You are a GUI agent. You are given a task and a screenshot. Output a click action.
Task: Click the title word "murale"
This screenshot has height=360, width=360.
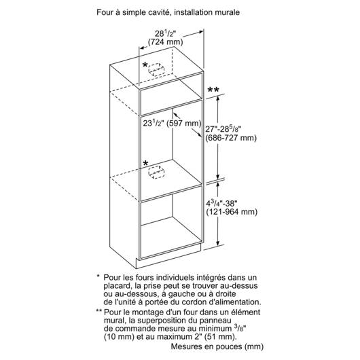click(227, 12)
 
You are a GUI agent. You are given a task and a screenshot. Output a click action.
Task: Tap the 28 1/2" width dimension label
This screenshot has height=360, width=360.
click(165, 34)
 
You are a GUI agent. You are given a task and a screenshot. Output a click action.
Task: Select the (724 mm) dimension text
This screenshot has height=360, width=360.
click(165, 42)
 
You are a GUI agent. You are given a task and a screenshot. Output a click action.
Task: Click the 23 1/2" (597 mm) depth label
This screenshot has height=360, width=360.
click(172, 124)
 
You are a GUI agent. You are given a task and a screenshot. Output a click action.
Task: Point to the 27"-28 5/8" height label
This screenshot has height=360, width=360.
click(223, 129)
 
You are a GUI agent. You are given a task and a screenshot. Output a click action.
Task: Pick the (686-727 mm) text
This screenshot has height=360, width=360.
click(231, 138)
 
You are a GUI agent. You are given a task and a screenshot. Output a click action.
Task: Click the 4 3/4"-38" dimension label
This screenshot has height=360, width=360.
click(221, 203)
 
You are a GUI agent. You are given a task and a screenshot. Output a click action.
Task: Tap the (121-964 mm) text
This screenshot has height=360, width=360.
click(232, 212)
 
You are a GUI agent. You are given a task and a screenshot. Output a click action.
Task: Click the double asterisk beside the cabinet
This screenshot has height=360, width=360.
click(213, 90)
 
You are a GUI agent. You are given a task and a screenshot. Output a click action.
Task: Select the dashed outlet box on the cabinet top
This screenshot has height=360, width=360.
click(156, 69)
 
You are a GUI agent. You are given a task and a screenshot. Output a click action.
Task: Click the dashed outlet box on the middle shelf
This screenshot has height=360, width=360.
click(156, 173)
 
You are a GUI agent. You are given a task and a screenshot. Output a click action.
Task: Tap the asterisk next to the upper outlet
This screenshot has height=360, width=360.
click(145, 65)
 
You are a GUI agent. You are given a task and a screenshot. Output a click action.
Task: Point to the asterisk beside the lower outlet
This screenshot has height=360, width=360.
click(145, 163)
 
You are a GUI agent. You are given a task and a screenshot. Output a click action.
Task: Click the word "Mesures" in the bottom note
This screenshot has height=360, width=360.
click(185, 346)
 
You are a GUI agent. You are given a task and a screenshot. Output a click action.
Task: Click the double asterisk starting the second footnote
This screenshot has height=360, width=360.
click(98, 311)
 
